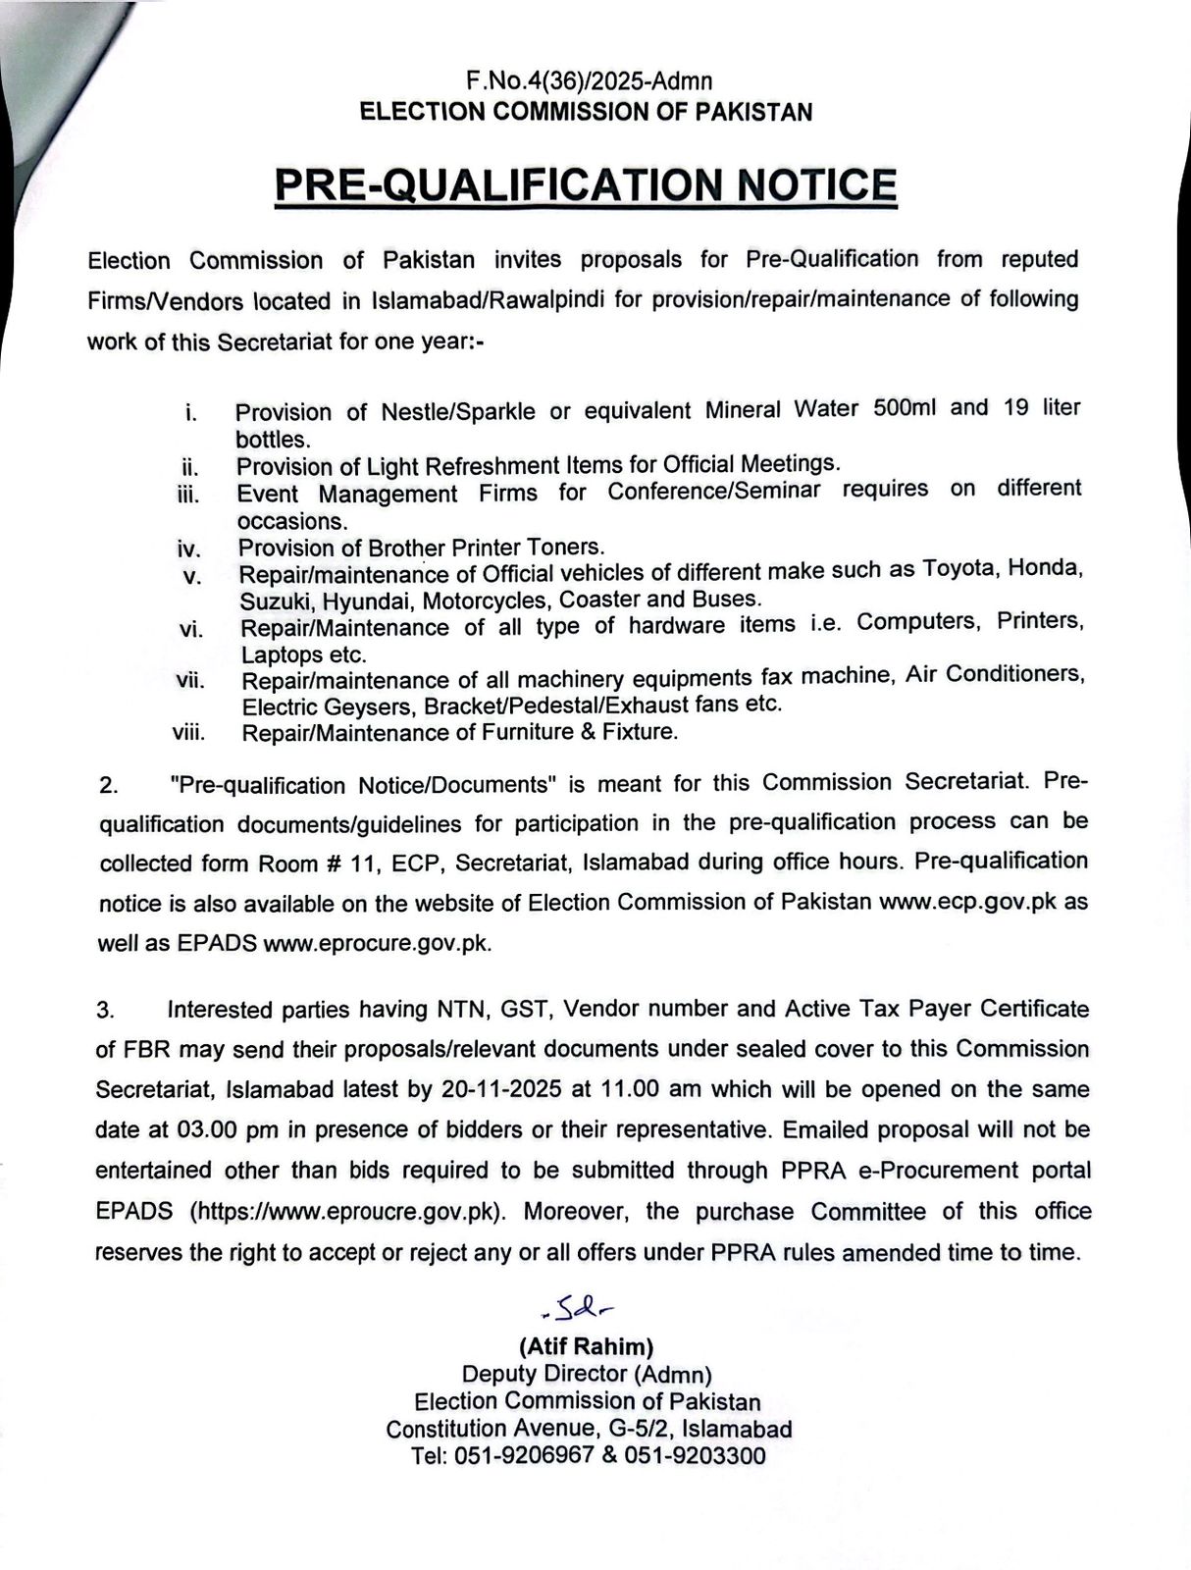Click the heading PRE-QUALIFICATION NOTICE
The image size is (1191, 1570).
click(585, 185)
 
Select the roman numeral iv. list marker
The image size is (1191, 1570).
click(189, 550)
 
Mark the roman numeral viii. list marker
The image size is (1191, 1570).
click(188, 732)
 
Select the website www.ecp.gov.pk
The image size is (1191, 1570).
click(967, 901)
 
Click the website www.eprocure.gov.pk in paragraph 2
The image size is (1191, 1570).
click(376, 944)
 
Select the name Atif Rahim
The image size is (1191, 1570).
click(587, 1346)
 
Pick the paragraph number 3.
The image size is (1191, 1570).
click(106, 1010)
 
